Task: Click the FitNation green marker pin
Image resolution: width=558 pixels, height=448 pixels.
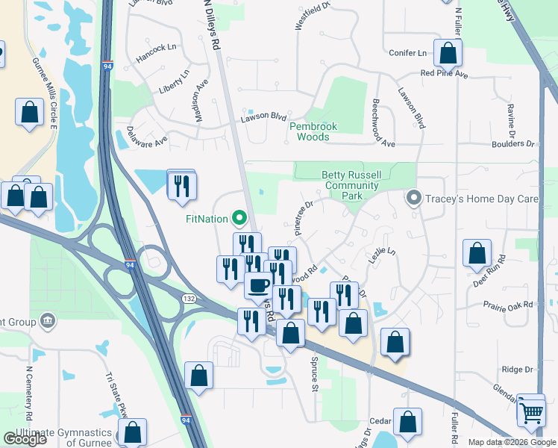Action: (239, 219)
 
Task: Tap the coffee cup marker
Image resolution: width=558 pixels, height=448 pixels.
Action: (259, 284)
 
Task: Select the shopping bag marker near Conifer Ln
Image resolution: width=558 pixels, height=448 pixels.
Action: (448, 54)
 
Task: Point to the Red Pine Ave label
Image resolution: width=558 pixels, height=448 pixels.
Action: (444, 74)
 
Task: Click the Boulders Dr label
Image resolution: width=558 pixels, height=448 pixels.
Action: (513, 143)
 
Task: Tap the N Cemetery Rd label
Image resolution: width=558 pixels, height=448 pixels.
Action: (31, 392)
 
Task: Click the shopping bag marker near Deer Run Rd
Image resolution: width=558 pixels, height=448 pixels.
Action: (477, 253)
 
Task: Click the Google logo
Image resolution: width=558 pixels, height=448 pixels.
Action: (25, 439)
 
